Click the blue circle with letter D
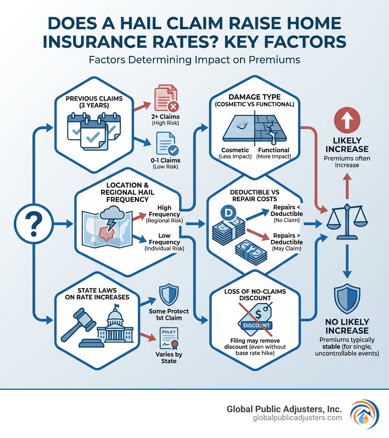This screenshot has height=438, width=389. [228, 214]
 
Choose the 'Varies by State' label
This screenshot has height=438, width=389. [169, 358]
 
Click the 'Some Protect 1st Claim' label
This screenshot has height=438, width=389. [170, 314]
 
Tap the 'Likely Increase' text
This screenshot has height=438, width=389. [347, 145]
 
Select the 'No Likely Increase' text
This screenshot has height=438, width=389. [347, 326]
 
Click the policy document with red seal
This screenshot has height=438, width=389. [169, 337]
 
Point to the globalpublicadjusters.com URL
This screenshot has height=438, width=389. [297, 418]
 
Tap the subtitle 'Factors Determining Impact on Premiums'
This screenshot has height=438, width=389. [194, 60]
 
